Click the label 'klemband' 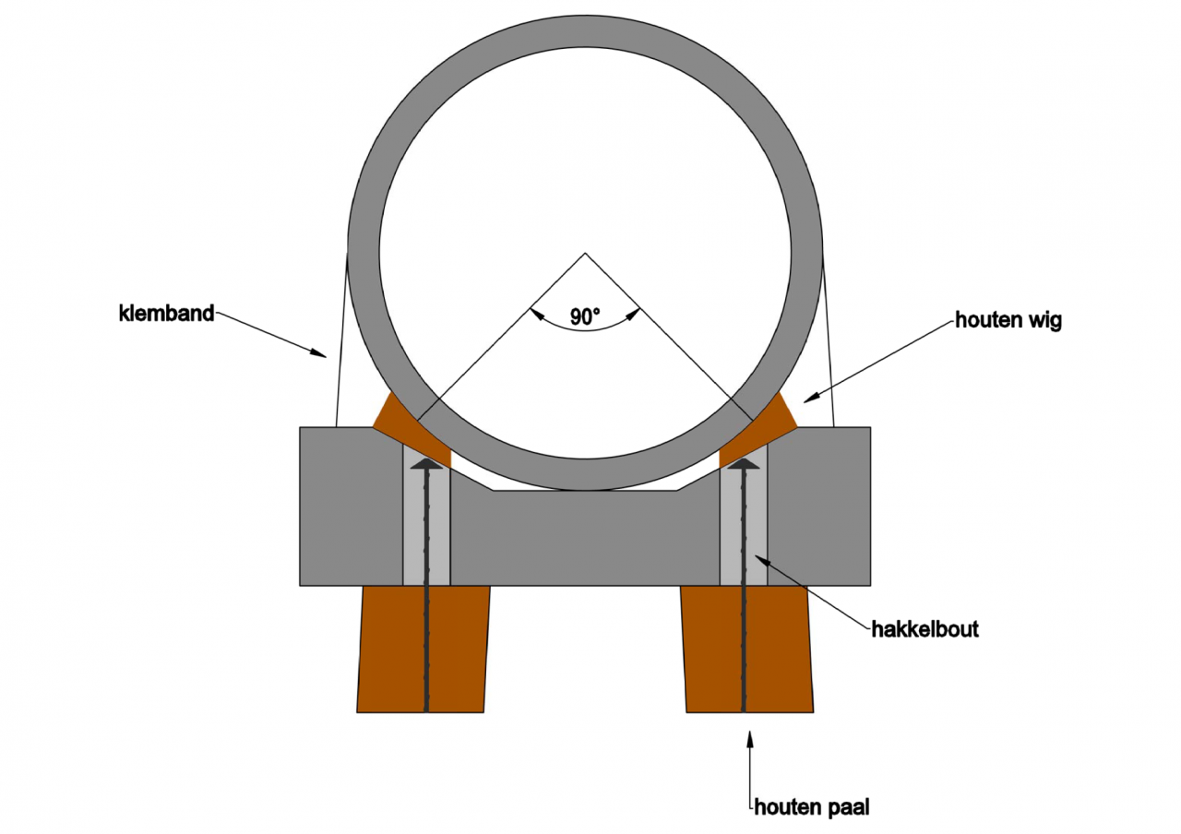166,313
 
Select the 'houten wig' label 1008,321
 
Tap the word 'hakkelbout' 925,630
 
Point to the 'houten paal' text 812,807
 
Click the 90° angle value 585,316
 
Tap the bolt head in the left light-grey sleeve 426,464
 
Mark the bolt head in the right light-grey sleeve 743,464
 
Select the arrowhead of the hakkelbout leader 759,557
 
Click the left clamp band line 340,341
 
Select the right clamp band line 828,341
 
